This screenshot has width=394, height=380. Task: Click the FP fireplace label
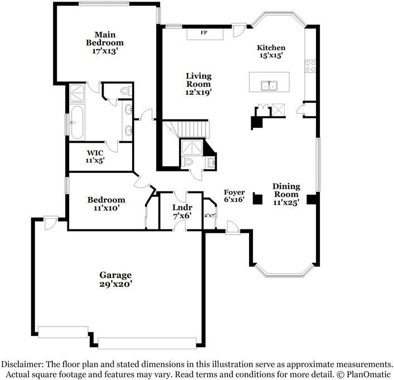[x=204, y=32]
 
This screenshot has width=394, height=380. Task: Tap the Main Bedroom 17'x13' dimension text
[x=105, y=51]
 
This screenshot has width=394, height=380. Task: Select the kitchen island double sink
[x=269, y=85]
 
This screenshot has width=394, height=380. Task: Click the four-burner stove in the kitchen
[x=310, y=66]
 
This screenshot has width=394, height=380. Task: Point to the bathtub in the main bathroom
[x=76, y=122]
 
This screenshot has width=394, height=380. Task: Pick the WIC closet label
[x=95, y=153]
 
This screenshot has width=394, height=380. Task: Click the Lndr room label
[x=182, y=208]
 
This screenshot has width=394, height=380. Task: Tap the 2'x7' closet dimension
[x=209, y=216]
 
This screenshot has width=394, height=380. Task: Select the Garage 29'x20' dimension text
[x=115, y=284]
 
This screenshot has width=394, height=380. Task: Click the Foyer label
[x=234, y=193]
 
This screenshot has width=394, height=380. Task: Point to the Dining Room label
[x=286, y=190]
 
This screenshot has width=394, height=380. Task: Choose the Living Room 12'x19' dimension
[x=198, y=92]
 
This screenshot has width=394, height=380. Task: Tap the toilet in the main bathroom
[x=127, y=90]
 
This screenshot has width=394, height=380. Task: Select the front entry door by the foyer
[x=232, y=228]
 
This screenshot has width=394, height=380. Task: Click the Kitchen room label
[x=271, y=47]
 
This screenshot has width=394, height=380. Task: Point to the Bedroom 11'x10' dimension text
[x=106, y=208]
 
